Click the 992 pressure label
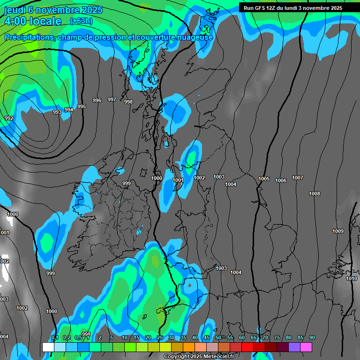coord(8,118)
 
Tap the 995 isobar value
coord(82,106)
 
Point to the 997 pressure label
coord(112,99)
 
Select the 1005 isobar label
coord(264,179)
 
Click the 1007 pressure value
coord(298,178)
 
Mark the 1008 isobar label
coord(315,194)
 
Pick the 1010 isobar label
coord(352,278)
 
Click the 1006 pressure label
coord(281,180)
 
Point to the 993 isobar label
coord(57,112)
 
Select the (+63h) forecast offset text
coord(81,21)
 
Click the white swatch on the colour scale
coord(48,347)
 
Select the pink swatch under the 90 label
coord(306,347)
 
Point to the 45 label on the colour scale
coord(207,338)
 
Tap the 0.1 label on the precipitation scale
coord(55,338)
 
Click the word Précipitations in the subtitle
coord(28,37)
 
